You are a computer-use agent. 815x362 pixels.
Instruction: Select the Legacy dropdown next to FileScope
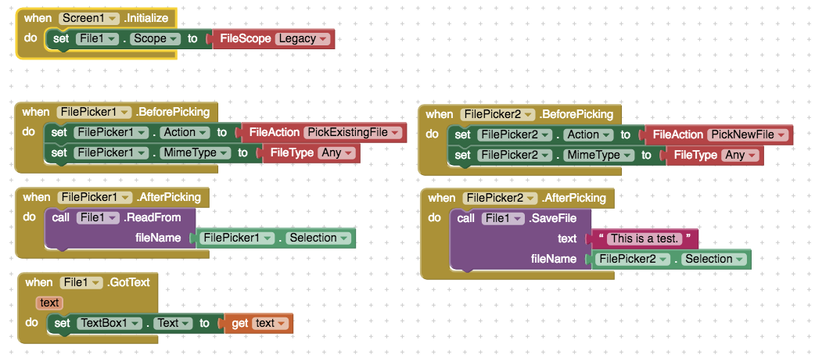coord(303,38)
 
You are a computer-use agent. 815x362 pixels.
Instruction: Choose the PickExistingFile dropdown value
coord(352,133)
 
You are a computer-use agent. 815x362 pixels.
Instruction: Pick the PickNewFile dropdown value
coord(747,134)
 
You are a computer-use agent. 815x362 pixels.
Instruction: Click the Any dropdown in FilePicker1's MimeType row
coord(338,153)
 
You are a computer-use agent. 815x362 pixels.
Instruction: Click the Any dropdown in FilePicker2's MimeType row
coord(741,155)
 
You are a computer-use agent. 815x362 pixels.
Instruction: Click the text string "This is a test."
coord(644,238)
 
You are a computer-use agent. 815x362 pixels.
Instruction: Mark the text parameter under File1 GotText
coord(48,303)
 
